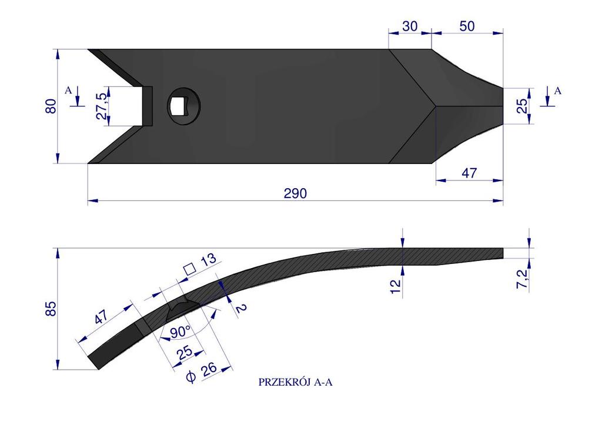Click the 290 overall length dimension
295,193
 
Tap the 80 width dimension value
51,106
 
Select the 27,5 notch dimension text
102,106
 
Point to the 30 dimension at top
410,26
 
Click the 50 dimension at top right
467,26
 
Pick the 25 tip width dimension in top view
522,106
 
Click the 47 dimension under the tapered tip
469,173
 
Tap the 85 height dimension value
51,309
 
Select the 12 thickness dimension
396,286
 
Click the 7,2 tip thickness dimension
522,279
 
